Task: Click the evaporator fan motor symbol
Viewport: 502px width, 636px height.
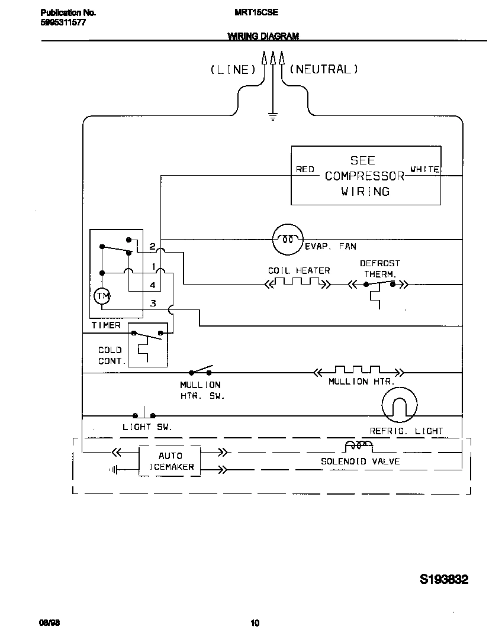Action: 288,240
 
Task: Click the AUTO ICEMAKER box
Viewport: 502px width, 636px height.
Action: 170,461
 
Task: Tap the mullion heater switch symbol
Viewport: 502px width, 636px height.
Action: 201,372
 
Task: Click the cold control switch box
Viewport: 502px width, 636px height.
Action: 147,344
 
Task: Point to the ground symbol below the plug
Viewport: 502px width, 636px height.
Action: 273,116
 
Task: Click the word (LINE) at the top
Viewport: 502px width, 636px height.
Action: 233,70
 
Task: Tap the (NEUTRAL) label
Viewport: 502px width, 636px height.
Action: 324,69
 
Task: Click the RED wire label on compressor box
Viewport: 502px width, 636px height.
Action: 305,169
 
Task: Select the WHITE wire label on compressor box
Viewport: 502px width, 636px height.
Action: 424,169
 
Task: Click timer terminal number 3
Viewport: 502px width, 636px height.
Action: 153,304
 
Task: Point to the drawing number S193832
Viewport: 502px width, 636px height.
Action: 444,579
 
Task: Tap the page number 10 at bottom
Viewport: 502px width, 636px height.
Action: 255,622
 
